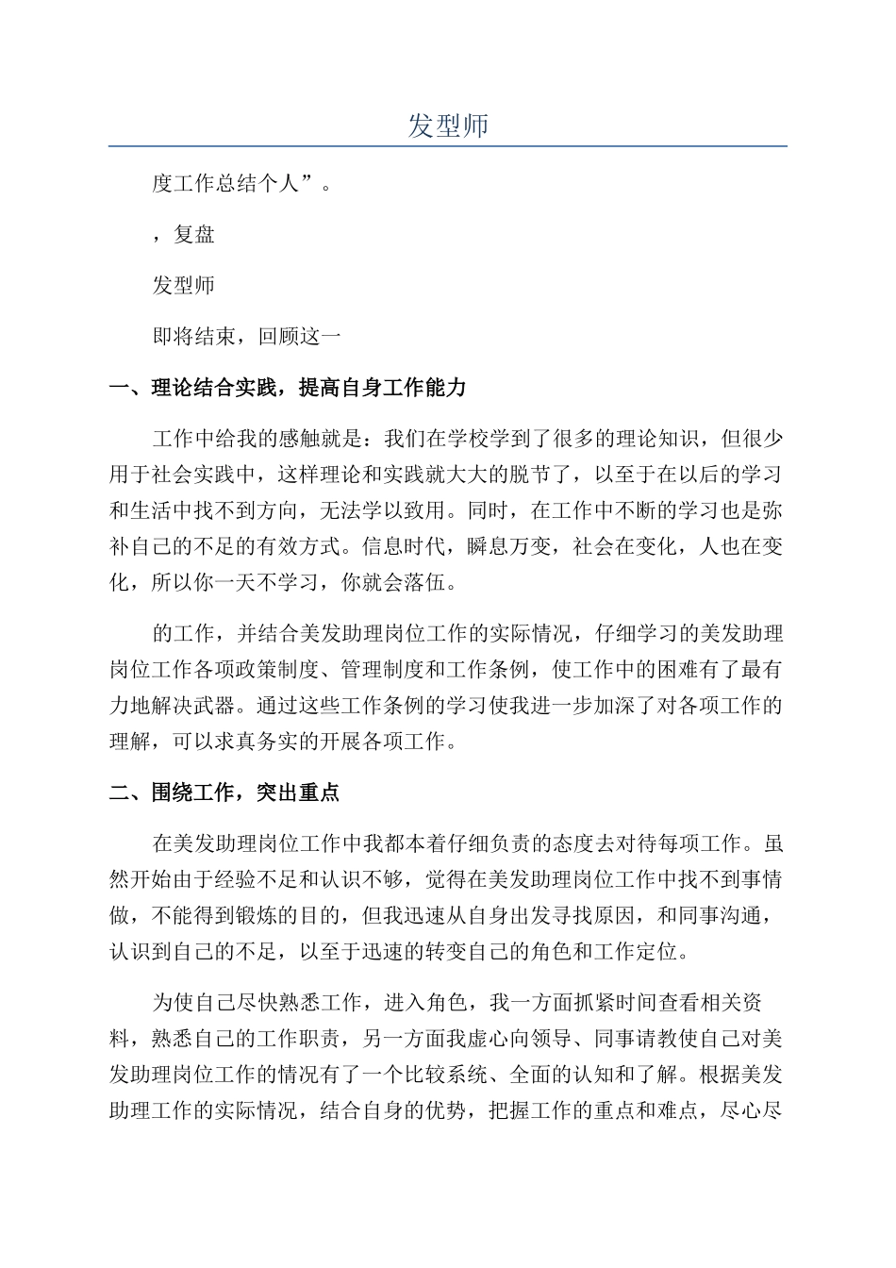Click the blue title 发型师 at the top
tap(448, 125)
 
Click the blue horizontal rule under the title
tap(448, 146)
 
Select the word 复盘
tap(194, 234)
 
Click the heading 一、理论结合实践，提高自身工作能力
tap(288, 388)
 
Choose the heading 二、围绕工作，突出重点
tap(224, 792)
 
